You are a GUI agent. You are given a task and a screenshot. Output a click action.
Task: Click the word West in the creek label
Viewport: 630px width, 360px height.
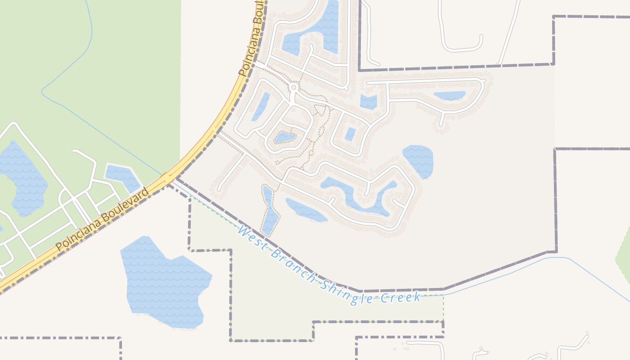click(250, 237)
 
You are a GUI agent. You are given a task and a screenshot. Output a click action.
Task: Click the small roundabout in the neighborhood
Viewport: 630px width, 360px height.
click(293, 87)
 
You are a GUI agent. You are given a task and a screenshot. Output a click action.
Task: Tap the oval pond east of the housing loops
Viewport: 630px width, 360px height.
click(418, 160)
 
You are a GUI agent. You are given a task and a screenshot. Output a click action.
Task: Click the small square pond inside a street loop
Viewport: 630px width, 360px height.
click(350, 134)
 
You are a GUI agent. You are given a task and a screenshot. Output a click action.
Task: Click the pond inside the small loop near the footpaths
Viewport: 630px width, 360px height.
click(284, 137)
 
